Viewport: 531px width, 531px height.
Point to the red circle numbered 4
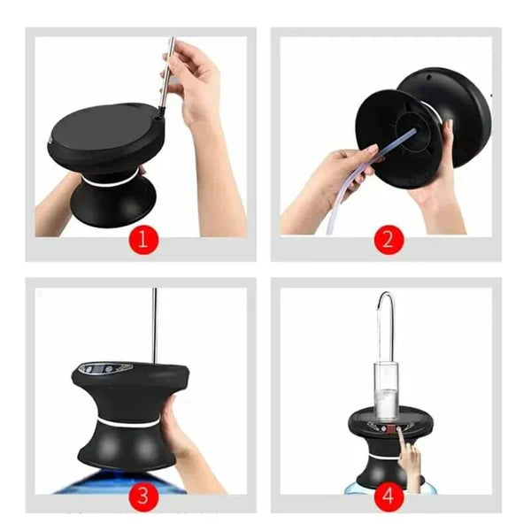pos(388,496)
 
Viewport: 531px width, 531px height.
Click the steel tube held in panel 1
pos(166,75)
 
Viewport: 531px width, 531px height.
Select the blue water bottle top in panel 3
pos(124,482)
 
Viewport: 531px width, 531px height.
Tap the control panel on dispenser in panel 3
pos(104,367)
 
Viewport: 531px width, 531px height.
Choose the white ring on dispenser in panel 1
pos(111,179)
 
